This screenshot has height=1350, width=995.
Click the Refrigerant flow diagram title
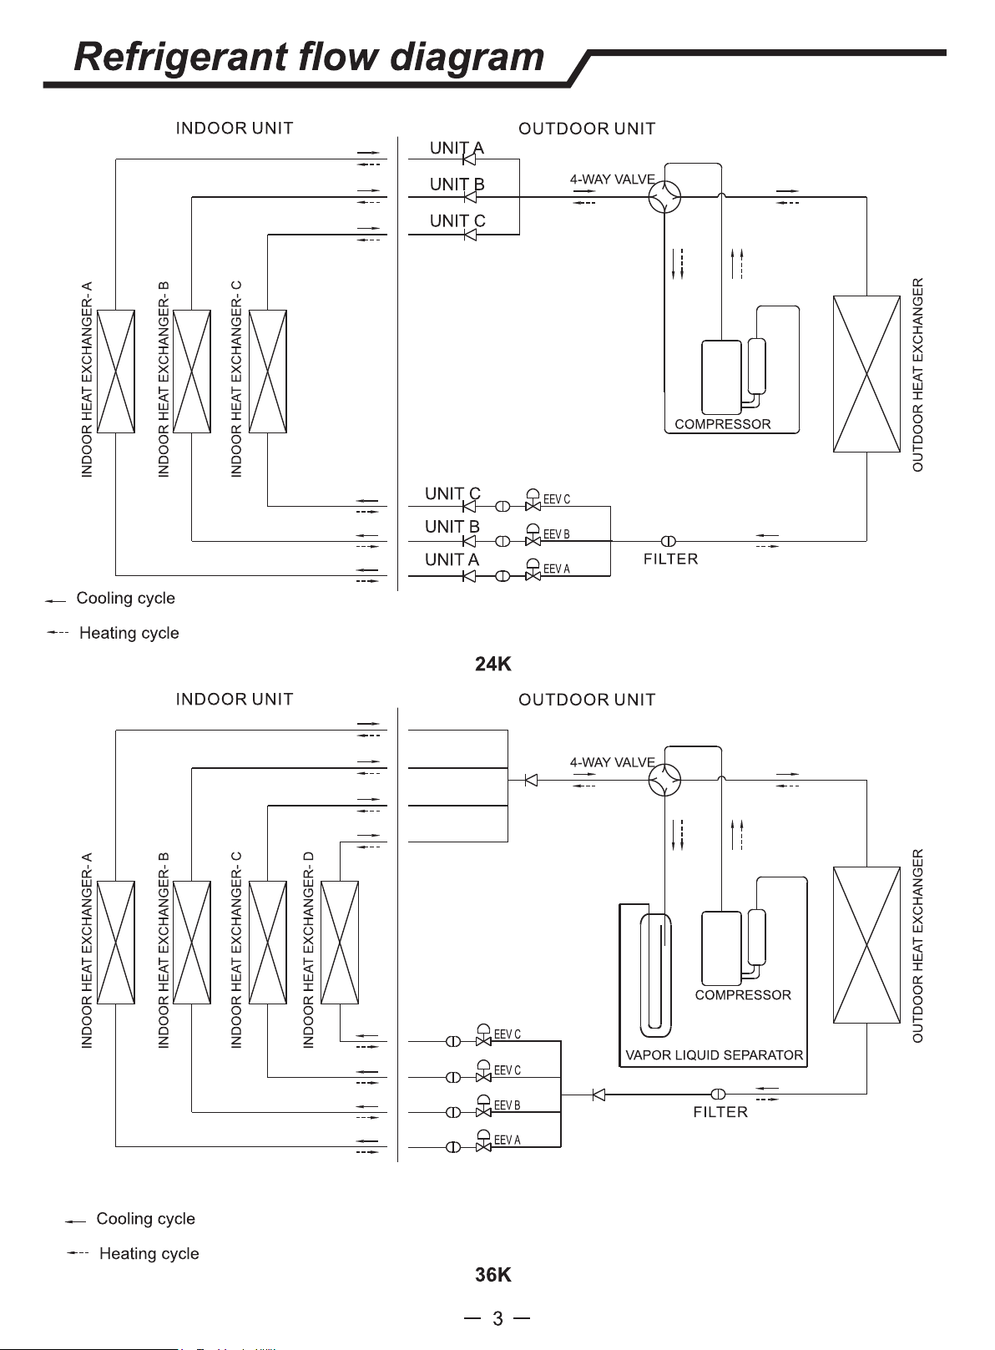[309, 58]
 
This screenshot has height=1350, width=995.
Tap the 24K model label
[493, 664]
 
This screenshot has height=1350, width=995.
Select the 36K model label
[493, 1274]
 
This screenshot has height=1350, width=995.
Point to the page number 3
[497, 1318]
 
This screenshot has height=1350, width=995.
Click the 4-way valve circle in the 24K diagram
[664, 196]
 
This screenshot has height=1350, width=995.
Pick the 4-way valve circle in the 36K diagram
[664, 780]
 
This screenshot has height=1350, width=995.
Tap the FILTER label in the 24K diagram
[670, 559]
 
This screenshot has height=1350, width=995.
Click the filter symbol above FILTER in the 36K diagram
[718, 1094]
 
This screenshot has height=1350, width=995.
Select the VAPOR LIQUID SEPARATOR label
[714, 1054]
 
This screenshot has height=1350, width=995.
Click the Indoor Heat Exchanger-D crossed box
[340, 943]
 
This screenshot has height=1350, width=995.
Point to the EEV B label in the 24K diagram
[556, 534]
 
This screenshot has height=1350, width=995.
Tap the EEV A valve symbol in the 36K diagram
[483, 1141]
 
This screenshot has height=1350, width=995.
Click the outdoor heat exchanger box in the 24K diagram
[866, 374]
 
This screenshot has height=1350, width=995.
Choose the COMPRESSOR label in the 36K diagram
[742, 995]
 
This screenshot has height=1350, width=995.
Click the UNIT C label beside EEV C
[452, 493]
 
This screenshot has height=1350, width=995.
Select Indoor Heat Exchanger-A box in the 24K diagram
[116, 372]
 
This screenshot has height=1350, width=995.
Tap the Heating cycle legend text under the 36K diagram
[149, 1254]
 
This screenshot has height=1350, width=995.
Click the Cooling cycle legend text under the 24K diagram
[125, 598]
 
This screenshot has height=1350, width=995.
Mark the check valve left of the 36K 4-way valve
[531, 781]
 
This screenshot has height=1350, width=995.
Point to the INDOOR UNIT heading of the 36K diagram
[235, 699]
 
